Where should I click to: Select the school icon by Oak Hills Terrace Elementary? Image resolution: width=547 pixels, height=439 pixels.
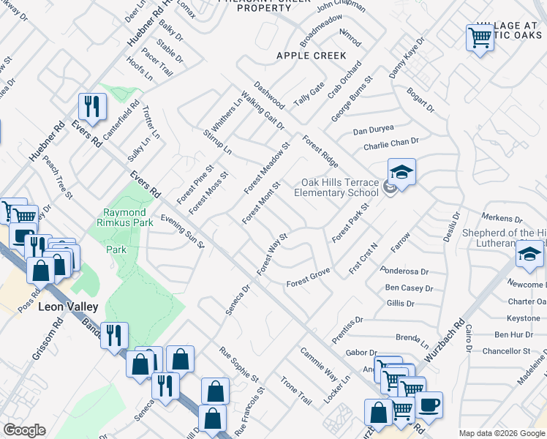tap(401, 173)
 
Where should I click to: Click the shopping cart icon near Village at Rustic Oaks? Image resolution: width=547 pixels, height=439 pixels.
tap(480, 37)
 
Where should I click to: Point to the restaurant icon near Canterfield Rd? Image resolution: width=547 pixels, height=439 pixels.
tap(92, 107)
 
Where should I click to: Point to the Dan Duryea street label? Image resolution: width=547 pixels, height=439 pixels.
tap(373, 131)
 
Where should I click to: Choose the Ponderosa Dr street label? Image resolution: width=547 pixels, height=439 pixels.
tap(404, 271)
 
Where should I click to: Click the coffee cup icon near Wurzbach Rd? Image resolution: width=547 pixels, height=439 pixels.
tap(429, 405)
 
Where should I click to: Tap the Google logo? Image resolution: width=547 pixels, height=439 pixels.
tap(24, 430)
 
